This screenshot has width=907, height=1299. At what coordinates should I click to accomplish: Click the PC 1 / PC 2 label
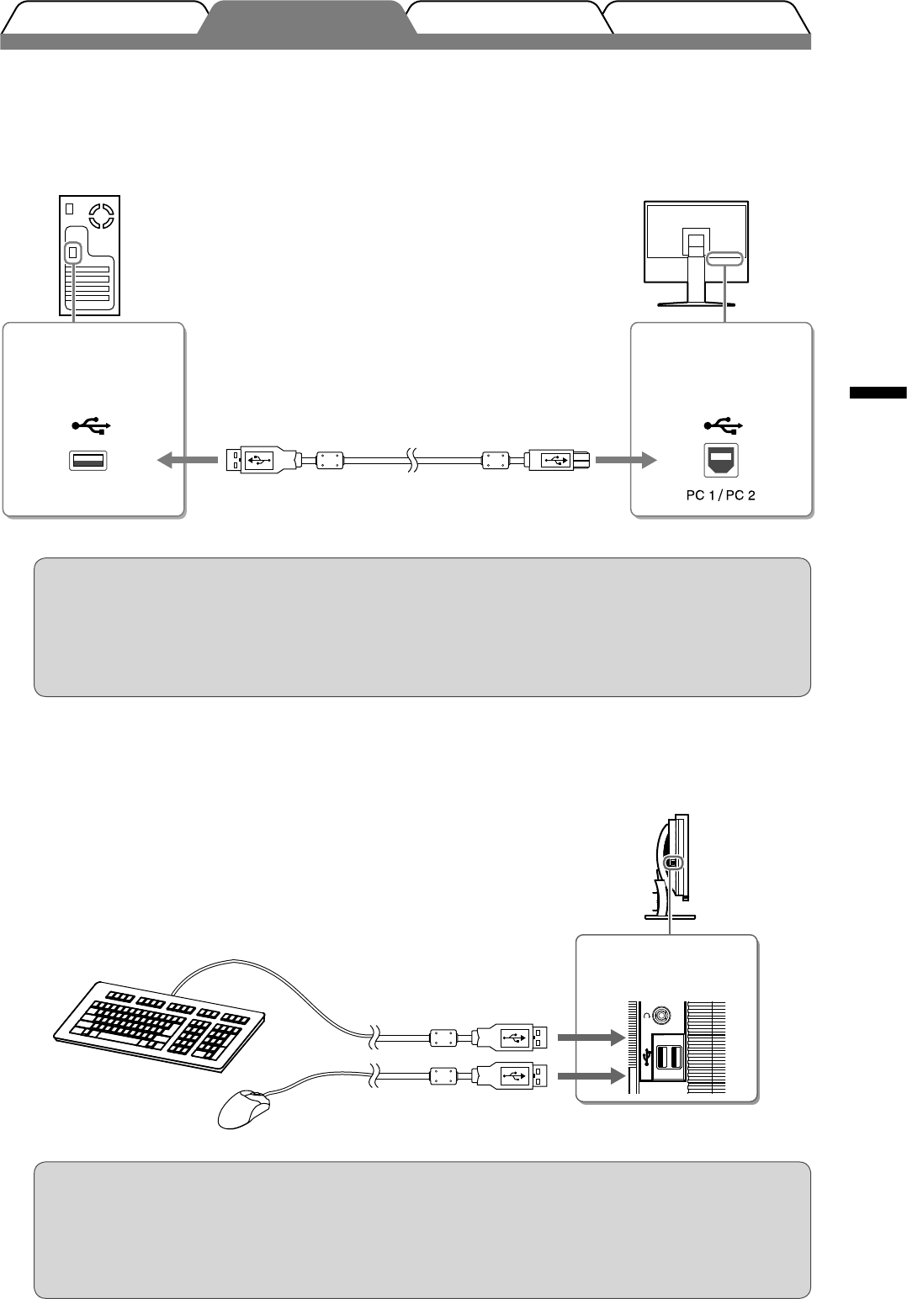[721, 495]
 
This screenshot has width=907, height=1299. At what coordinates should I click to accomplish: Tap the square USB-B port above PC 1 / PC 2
[721, 461]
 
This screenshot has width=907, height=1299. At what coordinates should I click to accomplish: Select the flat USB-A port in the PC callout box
[88, 461]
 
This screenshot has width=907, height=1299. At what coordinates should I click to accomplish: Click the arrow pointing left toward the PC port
[188, 461]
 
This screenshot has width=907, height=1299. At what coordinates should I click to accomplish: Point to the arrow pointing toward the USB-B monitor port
[626, 461]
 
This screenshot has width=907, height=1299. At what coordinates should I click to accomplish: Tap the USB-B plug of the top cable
[558, 461]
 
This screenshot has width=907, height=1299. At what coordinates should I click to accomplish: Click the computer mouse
[244, 1109]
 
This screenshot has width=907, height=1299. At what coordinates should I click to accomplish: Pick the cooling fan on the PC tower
[101, 216]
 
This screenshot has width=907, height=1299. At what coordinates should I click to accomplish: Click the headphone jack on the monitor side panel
[661, 1015]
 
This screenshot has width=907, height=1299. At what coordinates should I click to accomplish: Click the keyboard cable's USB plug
[511, 1038]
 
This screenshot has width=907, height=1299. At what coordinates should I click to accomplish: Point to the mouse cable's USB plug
[511, 1077]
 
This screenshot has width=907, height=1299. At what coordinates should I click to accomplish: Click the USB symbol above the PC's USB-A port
[91, 425]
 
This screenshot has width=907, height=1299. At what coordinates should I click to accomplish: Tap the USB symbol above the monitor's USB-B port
[723, 425]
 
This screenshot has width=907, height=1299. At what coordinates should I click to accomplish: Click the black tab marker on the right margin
[878, 393]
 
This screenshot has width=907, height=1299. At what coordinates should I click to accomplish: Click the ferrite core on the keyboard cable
[443, 1038]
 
